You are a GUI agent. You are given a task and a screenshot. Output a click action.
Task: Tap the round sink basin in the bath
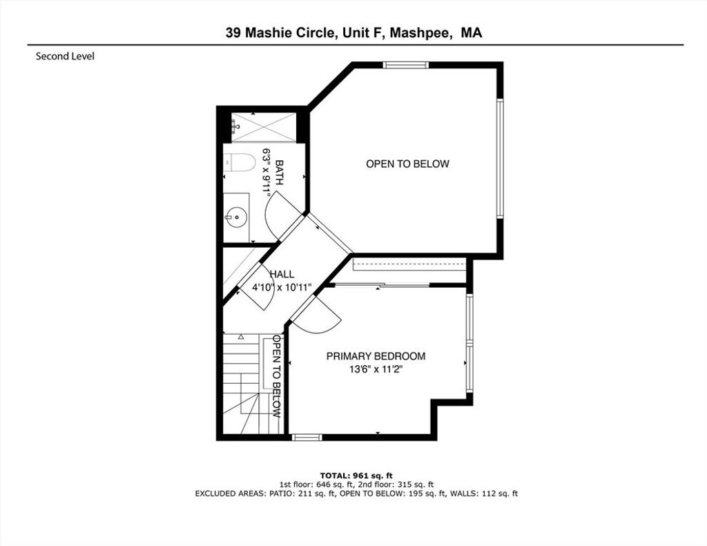click(x=236, y=217)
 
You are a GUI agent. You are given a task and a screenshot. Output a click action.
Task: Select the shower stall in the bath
click(x=264, y=128)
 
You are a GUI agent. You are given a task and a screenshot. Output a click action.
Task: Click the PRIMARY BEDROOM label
click(x=376, y=356)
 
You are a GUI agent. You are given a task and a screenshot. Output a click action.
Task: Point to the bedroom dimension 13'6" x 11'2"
click(x=376, y=370)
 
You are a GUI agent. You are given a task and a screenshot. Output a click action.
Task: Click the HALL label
click(x=282, y=274)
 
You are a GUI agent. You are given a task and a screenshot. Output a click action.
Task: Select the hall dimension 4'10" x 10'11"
click(x=282, y=288)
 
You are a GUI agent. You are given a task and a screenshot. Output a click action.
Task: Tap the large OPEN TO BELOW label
click(x=407, y=164)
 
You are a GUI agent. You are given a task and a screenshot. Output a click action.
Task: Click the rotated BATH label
click(x=279, y=173)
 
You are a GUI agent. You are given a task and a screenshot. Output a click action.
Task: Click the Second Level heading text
click(x=65, y=57)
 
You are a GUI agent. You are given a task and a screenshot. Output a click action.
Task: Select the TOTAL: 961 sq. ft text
click(x=356, y=476)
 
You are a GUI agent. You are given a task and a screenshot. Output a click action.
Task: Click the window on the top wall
click(x=406, y=65)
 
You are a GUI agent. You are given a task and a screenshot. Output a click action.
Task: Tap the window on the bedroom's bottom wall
click(x=307, y=437)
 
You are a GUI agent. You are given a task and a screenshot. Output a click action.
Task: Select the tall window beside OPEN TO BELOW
click(x=500, y=158)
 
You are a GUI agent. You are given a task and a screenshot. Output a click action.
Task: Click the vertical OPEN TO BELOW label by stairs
click(x=277, y=376)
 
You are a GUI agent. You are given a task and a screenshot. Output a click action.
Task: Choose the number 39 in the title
click(x=233, y=33)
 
